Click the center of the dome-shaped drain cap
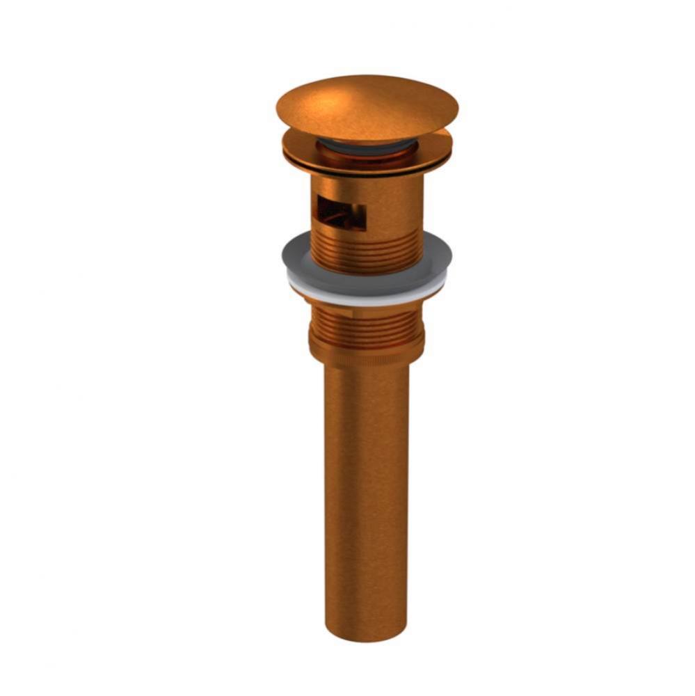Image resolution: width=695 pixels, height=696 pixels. [367, 108]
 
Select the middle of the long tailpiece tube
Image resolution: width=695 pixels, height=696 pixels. [367, 501]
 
